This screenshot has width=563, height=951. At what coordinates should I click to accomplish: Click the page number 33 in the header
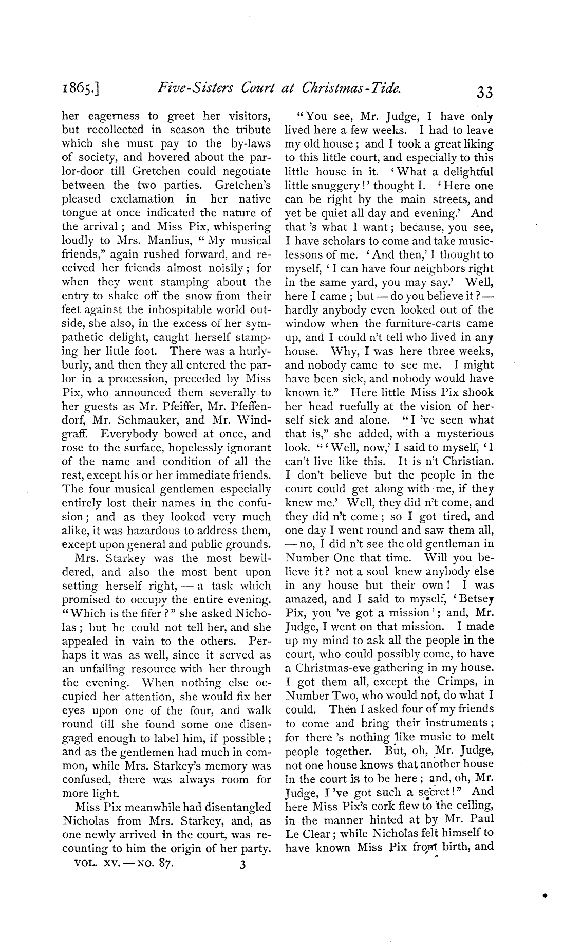pyautogui.click(x=484, y=92)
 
